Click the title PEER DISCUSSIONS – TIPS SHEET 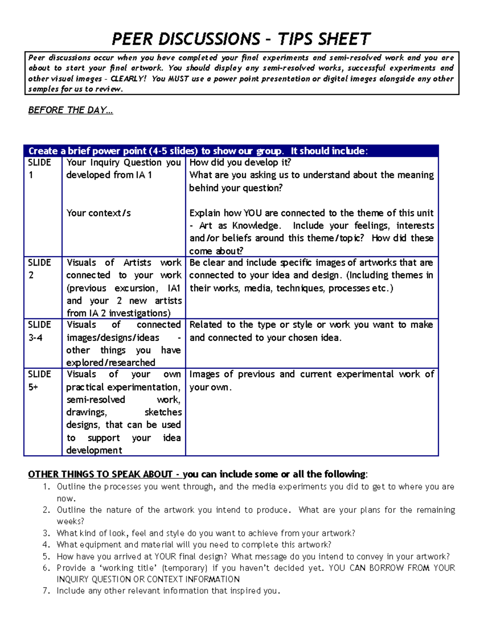tap(241, 39)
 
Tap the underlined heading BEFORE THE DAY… tap(71, 110)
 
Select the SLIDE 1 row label tap(39, 168)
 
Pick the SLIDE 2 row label tap(39, 268)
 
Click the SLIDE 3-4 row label tap(39, 331)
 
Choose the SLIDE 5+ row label tap(39, 381)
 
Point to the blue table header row tap(231, 151)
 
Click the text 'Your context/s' tap(98, 213)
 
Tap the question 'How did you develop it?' tap(240, 162)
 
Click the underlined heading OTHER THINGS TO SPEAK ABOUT tap(100, 474)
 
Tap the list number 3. tap(46, 533)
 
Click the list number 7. tap(46, 591)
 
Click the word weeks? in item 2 tap(70, 521)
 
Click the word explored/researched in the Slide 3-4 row tap(111, 362)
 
